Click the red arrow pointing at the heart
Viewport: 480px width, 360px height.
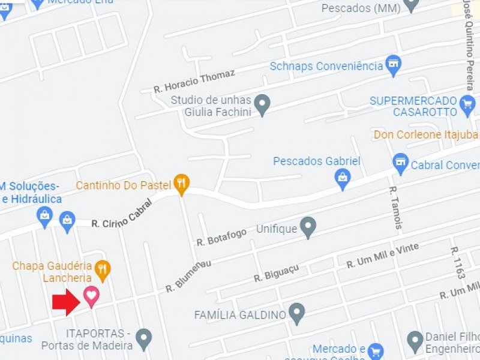pyautogui.click(x=67, y=301)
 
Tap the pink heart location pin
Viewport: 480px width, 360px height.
pyautogui.click(x=91, y=296)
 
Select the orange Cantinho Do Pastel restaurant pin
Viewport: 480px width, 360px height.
pyautogui.click(x=181, y=184)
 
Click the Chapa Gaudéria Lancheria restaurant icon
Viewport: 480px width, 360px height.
pyautogui.click(x=103, y=271)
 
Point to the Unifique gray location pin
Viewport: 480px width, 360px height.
pyautogui.click(x=308, y=227)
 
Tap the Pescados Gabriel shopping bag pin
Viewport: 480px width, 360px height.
pyautogui.click(x=343, y=179)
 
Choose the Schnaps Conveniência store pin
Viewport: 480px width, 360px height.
pyautogui.click(x=394, y=65)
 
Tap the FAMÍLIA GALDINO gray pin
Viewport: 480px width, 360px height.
pyautogui.click(x=296, y=313)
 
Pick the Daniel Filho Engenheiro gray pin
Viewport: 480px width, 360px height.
pyautogui.click(x=415, y=341)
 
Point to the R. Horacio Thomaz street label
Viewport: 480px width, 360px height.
pyautogui.click(x=194, y=80)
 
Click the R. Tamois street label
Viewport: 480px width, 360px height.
pyautogui.click(x=395, y=207)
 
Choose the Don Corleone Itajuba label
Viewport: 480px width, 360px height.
pyautogui.click(x=425, y=134)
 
